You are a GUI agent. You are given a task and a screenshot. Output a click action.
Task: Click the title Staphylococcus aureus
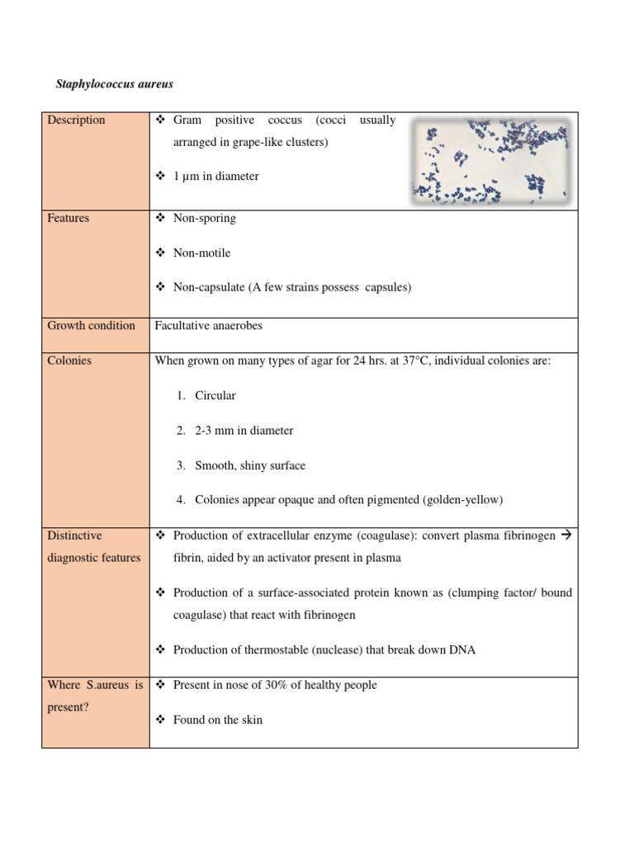(x=114, y=84)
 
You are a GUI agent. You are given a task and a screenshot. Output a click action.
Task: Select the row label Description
(x=76, y=120)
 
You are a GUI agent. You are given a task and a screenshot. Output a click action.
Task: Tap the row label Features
(x=68, y=219)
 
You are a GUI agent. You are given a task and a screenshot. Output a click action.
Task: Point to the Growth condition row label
(x=91, y=326)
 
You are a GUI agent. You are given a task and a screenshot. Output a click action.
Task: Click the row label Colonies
(x=69, y=361)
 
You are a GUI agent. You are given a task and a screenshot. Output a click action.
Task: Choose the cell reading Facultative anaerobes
(x=208, y=326)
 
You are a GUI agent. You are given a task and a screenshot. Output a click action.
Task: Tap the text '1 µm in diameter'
(x=215, y=177)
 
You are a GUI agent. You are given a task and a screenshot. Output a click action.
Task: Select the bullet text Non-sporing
(x=204, y=219)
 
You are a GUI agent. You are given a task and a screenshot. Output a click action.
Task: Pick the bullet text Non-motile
(x=201, y=253)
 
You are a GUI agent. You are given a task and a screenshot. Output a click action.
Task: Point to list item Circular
(x=215, y=396)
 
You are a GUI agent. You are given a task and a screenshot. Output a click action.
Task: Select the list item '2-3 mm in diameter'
(x=244, y=431)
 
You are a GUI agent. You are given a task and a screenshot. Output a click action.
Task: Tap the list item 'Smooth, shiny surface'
(x=249, y=465)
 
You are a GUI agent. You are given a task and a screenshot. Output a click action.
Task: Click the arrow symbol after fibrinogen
(x=565, y=536)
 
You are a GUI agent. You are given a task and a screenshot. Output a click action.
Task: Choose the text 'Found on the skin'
(x=218, y=720)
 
